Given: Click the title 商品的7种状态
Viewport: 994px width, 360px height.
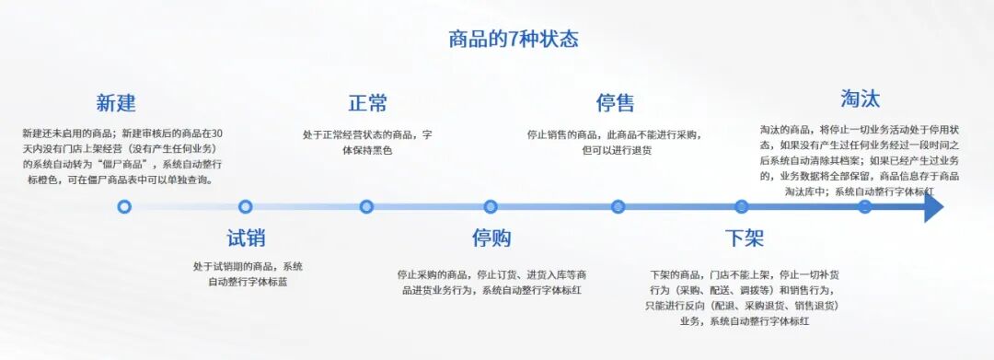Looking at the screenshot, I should [513, 39].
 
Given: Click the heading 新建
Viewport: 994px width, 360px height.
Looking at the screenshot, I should [116, 102].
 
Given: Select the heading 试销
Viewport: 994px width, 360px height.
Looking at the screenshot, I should [246, 238].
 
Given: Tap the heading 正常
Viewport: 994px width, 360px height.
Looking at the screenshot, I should [367, 102].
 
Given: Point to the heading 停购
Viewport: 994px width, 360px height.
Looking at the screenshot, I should [491, 238].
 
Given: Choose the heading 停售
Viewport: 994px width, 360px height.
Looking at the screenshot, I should [615, 102].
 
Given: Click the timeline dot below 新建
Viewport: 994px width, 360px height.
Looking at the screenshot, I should [124, 207].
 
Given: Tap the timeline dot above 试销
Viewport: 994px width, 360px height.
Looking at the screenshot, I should [245, 207].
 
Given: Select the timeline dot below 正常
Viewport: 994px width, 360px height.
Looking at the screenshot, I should [366, 207].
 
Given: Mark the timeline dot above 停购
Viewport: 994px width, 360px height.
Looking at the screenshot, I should [491, 207].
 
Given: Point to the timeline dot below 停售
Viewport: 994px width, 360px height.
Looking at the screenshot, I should [618, 207].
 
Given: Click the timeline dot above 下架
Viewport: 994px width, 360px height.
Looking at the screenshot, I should [742, 207].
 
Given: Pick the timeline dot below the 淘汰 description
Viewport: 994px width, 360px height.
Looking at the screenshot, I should [864, 207].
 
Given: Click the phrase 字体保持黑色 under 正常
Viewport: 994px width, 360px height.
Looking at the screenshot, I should [367, 149].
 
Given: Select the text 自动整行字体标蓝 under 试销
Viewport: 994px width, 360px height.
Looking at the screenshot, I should [248, 282].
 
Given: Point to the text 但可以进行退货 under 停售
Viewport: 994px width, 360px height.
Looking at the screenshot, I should [616, 149].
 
